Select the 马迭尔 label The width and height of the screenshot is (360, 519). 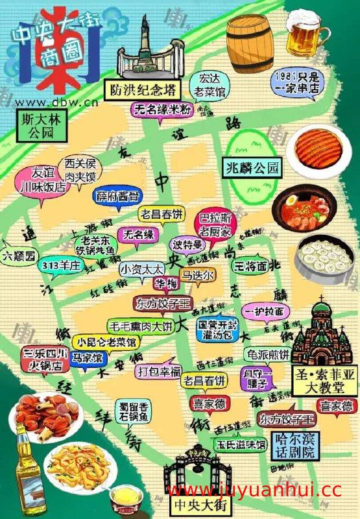tap(197, 276)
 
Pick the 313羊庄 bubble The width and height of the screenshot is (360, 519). tap(60, 265)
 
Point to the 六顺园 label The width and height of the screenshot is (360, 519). tap(19, 255)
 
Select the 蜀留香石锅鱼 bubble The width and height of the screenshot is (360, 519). tap(135, 413)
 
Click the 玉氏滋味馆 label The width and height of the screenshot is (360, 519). tap(241, 445)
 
